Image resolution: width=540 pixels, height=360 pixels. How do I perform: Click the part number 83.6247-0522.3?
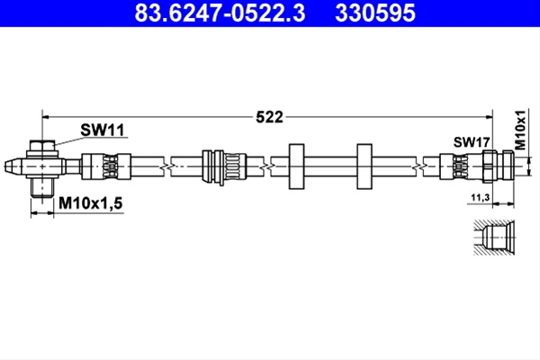pyautogui.click(x=220, y=13)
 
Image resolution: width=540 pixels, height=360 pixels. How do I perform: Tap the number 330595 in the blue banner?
pyautogui.click(x=375, y=13)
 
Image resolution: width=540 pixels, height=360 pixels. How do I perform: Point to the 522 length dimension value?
pyautogui.click(x=269, y=117)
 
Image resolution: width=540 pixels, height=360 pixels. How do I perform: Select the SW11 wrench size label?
pyautogui.click(x=103, y=130)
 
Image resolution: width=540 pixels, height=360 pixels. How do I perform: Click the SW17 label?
pyautogui.click(x=471, y=142)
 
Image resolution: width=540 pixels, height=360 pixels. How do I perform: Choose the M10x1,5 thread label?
pyautogui.click(x=91, y=203)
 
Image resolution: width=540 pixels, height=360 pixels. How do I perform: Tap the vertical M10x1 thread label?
pyautogui.click(x=521, y=130)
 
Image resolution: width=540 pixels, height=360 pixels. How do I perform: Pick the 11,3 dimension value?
pyautogui.click(x=480, y=197)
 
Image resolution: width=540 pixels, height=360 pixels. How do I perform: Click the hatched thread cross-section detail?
pyautogui.click(x=494, y=238)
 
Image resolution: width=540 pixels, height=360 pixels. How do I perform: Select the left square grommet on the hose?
pyautogui.click(x=296, y=166)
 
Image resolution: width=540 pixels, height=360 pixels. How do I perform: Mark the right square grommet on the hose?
pyautogui.click(x=364, y=166)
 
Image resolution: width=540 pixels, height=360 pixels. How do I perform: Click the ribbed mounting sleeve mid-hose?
pyautogui.click(x=224, y=166)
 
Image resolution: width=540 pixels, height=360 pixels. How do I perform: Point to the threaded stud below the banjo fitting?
pyautogui.click(x=42, y=187)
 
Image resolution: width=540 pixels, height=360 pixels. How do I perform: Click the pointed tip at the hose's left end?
pyautogui.click(x=4, y=166)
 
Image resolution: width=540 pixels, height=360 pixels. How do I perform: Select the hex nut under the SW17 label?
pyautogui.click(x=489, y=166)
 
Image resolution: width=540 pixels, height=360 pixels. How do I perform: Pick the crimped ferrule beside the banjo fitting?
pyautogui.click(x=106, y=166)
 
